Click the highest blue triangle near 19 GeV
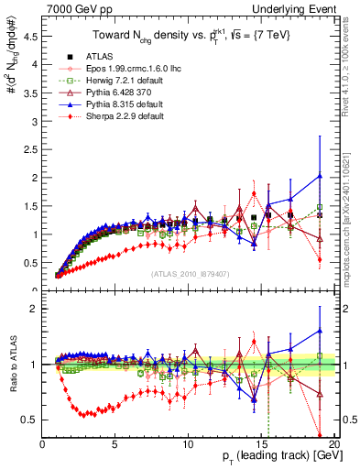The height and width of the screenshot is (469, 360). click(319, 176)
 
